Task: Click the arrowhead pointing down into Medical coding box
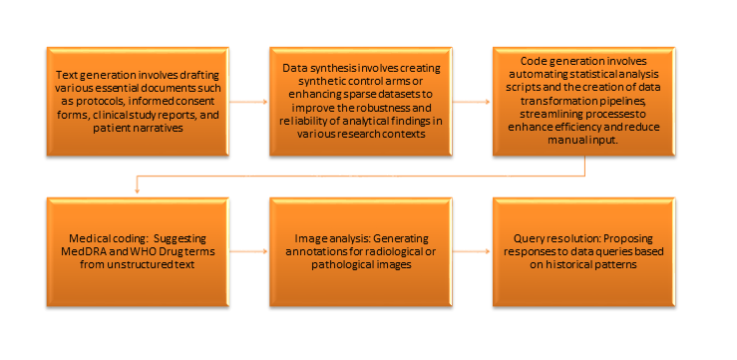coord(135,191)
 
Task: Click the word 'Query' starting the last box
coord(532,241)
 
